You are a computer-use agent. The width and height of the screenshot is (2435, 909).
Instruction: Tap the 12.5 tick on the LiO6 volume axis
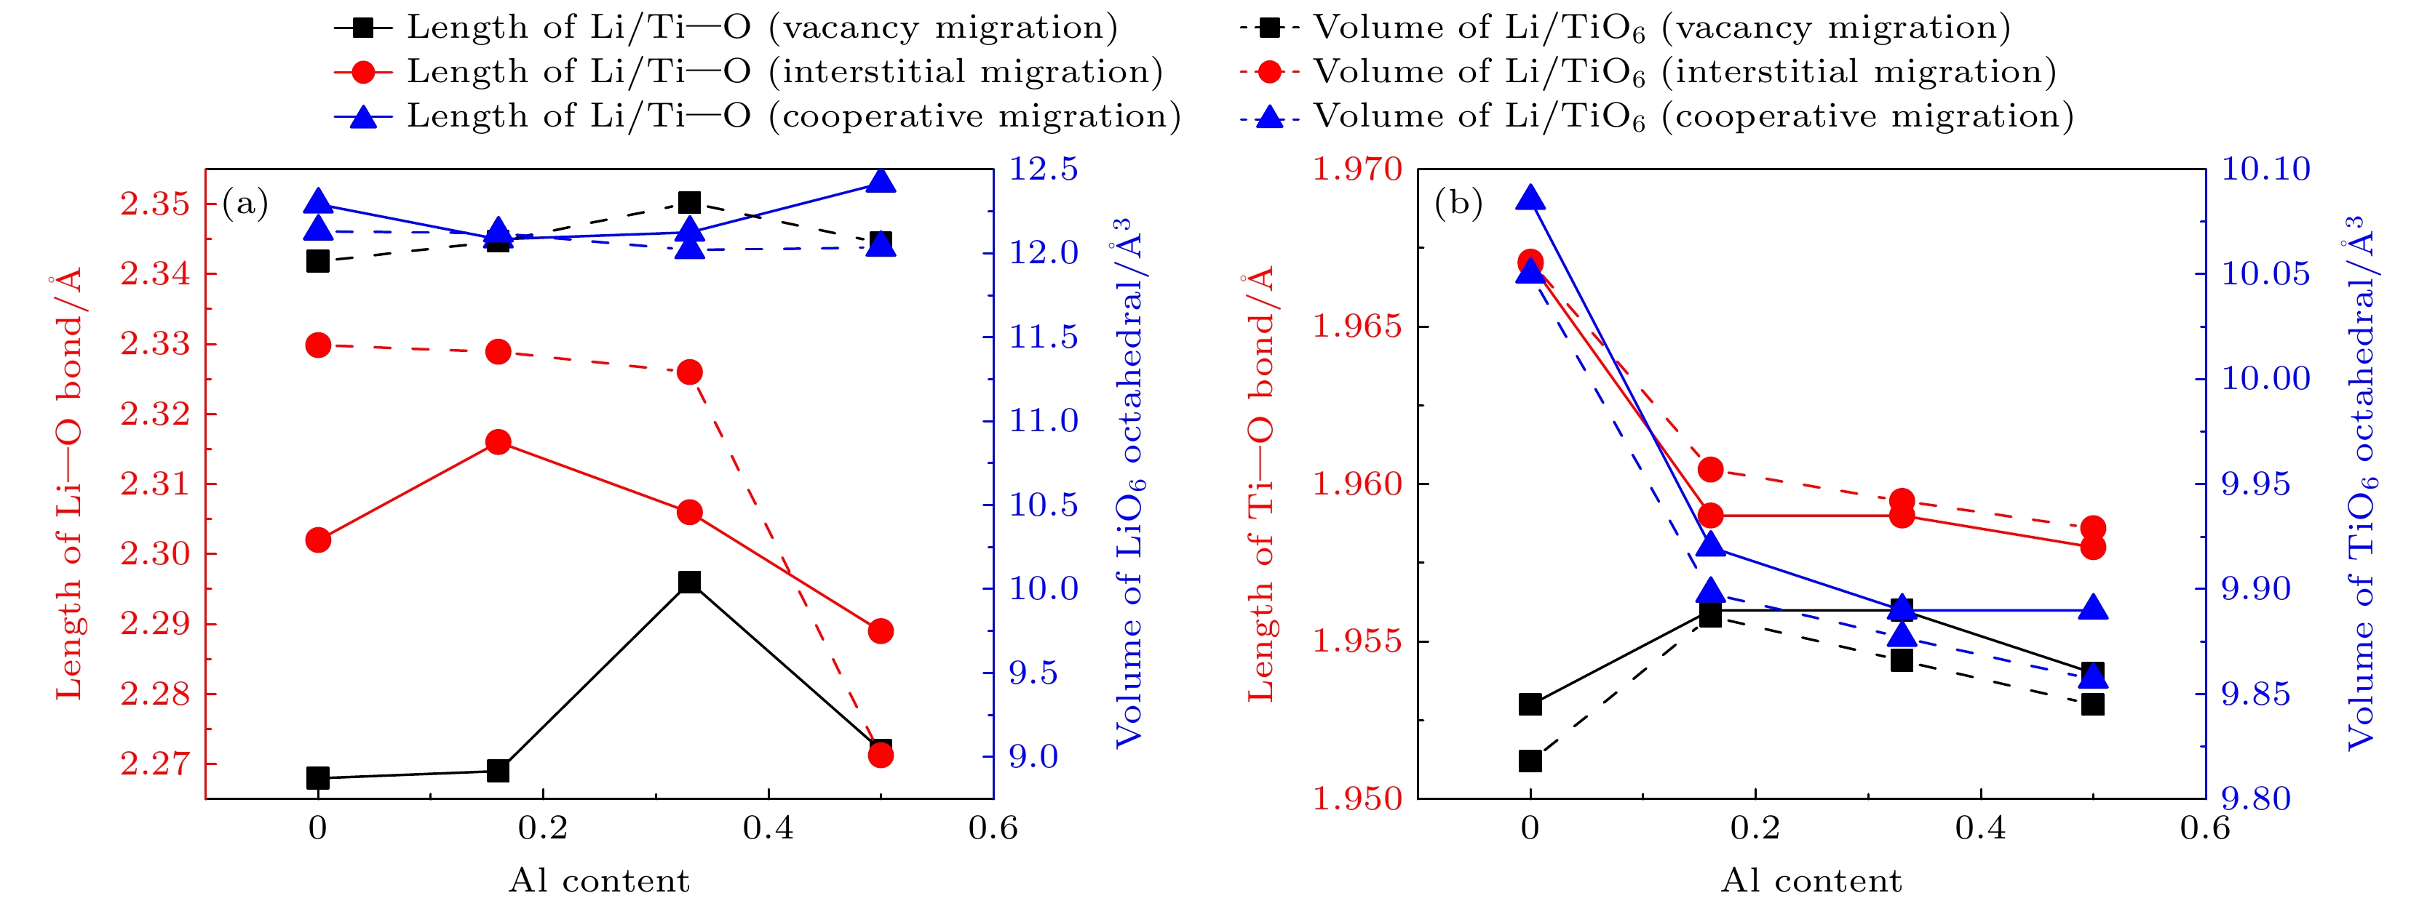(x=1044, y=170)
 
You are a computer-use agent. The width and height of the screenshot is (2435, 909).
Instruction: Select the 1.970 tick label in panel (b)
(x=1357, y=170)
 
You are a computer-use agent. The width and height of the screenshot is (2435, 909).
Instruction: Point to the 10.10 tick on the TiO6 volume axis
(x=2265, y=170)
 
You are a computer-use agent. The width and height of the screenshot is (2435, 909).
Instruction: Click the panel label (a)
(x=245, y=203)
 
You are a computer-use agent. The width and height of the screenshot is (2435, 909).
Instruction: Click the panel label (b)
(x=1458, y=203)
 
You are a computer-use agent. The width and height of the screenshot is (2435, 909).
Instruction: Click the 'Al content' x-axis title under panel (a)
(x=600, y=881)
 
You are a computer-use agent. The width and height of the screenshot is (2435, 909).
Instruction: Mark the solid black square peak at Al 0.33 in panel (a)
(x=690, y=582)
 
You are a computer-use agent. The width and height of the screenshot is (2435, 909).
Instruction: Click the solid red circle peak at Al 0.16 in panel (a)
(x=498, y=442)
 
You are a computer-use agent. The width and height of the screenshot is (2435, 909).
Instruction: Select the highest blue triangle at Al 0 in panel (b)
(x=1530, y=199)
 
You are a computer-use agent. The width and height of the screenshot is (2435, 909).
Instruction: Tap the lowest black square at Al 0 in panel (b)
(x=1530, y=761)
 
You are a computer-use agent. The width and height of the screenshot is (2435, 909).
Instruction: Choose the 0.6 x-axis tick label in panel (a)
(x=993, y=830)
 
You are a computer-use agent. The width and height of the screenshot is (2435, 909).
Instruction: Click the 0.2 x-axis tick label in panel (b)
(x=1755, y=830)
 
